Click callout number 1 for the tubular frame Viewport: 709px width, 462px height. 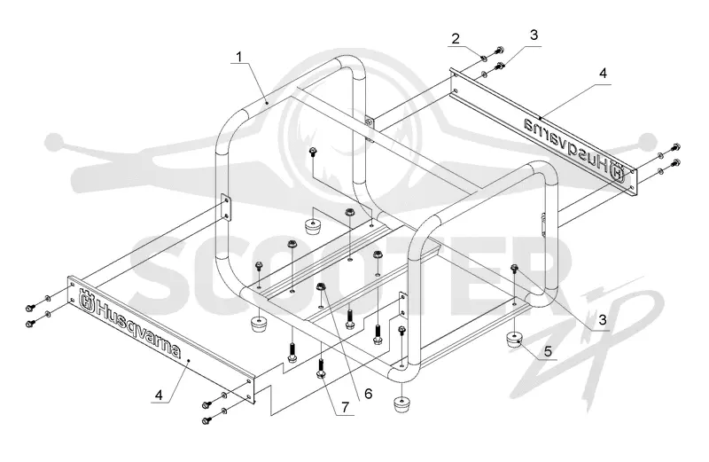click(238, 57)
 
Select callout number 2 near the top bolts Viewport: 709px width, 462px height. click(456, 38)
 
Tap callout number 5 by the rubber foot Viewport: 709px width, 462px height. click(548, 351)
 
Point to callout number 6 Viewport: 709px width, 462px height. click(369, 394)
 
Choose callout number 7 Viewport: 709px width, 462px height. click(346, 407)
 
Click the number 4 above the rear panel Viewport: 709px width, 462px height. click(604, 73)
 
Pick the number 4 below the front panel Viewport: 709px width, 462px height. click(159, 395)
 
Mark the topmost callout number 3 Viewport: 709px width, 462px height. click(534, 35)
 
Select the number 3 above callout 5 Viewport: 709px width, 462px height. click(603, 320)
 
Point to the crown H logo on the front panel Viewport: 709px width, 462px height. click(86, 300)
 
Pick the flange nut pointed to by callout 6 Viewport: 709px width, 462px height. click(321, 286)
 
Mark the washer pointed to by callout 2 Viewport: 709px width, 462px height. click(483, 58)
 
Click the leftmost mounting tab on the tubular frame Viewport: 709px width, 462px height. click(226, 207)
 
